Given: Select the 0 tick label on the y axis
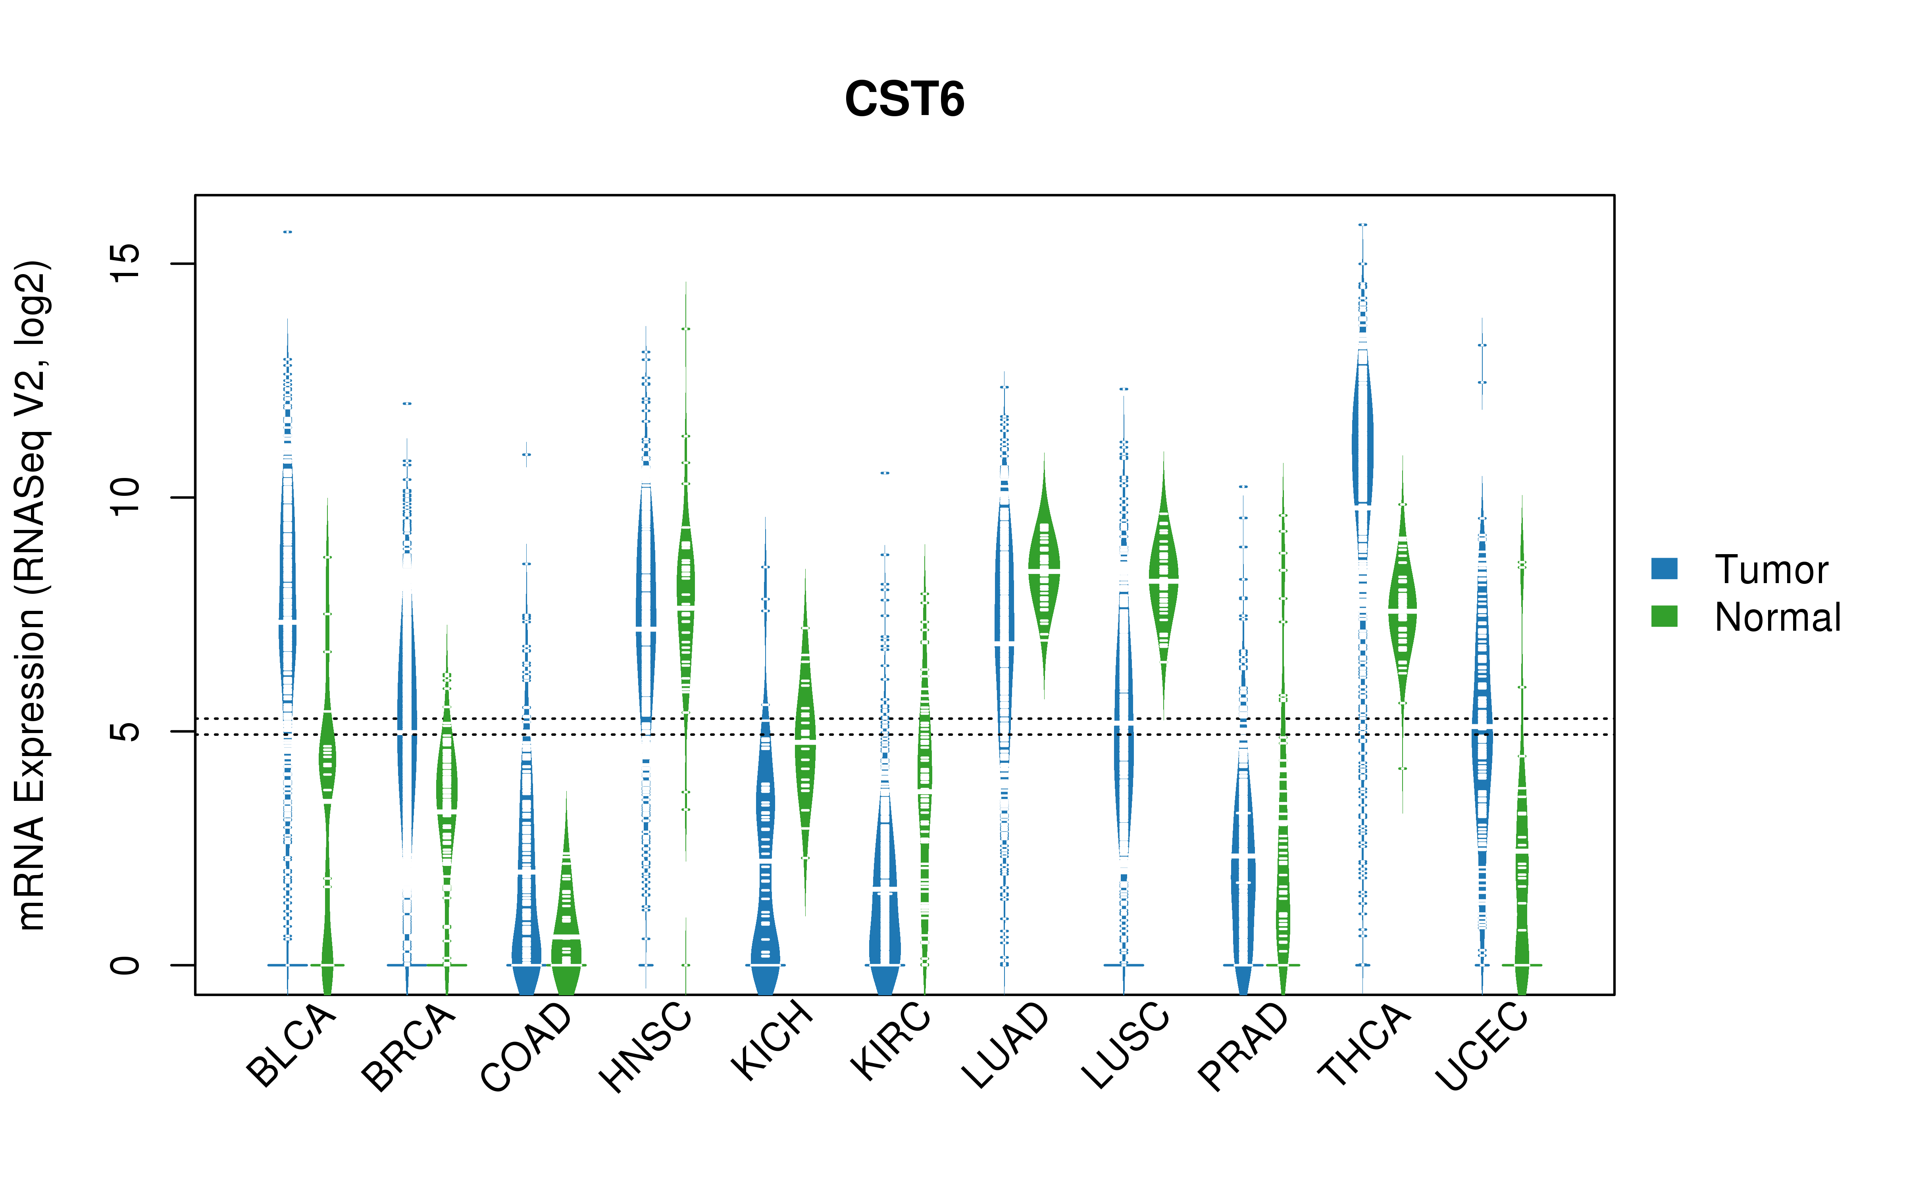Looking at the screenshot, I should click(x=124, y=965).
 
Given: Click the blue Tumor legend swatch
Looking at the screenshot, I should click(x=1664, y=568).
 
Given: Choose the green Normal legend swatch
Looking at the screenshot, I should click(x=1664, y=616).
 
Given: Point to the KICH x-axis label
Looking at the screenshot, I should click(x=772, y=1040).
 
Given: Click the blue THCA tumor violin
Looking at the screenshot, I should click(x=1362, y=441).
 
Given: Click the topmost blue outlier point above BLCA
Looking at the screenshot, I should click(x=288, y=232).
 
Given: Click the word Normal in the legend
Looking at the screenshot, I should click(x=1778, y=617).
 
